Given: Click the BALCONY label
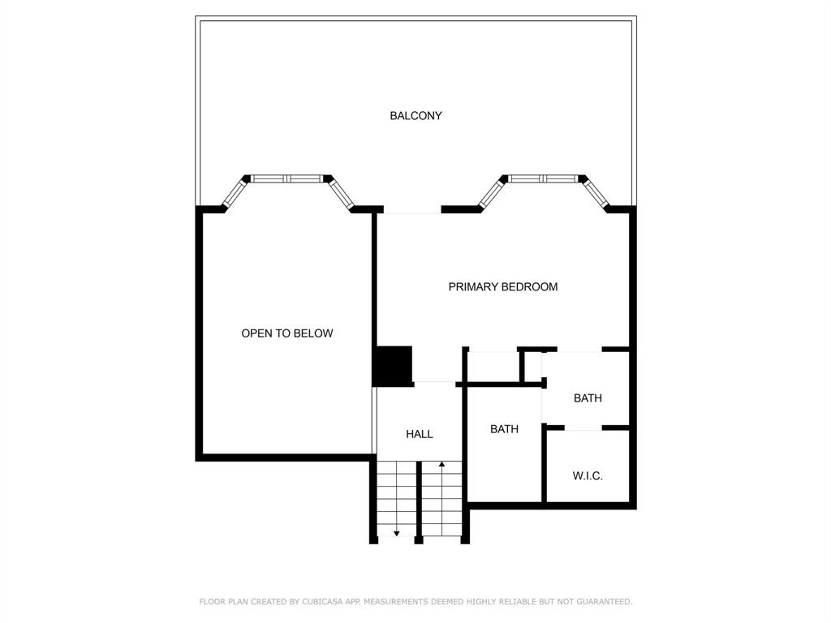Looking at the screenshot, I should tap(415, 116).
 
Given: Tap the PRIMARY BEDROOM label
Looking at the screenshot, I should tap(502, 287).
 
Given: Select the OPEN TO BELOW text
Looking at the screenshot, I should tap(286, 333).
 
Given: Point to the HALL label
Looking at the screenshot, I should tap(419, 435).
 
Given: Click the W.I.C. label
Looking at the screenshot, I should tap(588, 476).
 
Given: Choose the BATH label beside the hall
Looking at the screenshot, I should tap(504, 429).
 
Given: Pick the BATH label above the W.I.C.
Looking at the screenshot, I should tap(588, 398).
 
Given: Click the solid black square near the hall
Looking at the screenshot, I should tap(393, 365).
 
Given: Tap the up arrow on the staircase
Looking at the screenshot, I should tap(441, 466).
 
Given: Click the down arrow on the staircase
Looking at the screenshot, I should tap(396, 532).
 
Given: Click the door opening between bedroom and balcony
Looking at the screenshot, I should tap(411, 210).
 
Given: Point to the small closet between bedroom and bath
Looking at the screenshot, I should tap(493, 366).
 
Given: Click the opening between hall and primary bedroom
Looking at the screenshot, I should tap(437, 380).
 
